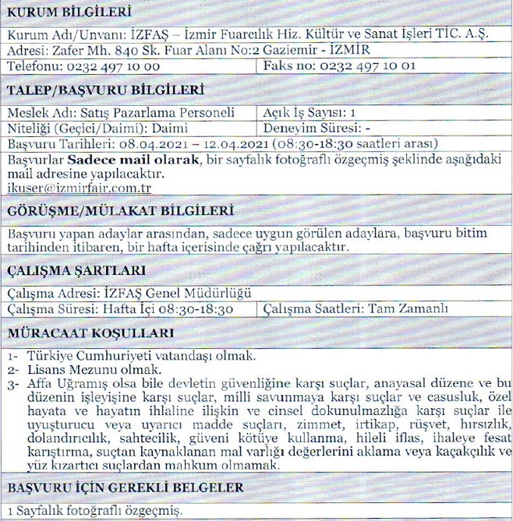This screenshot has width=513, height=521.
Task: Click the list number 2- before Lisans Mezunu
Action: click(13, 369)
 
